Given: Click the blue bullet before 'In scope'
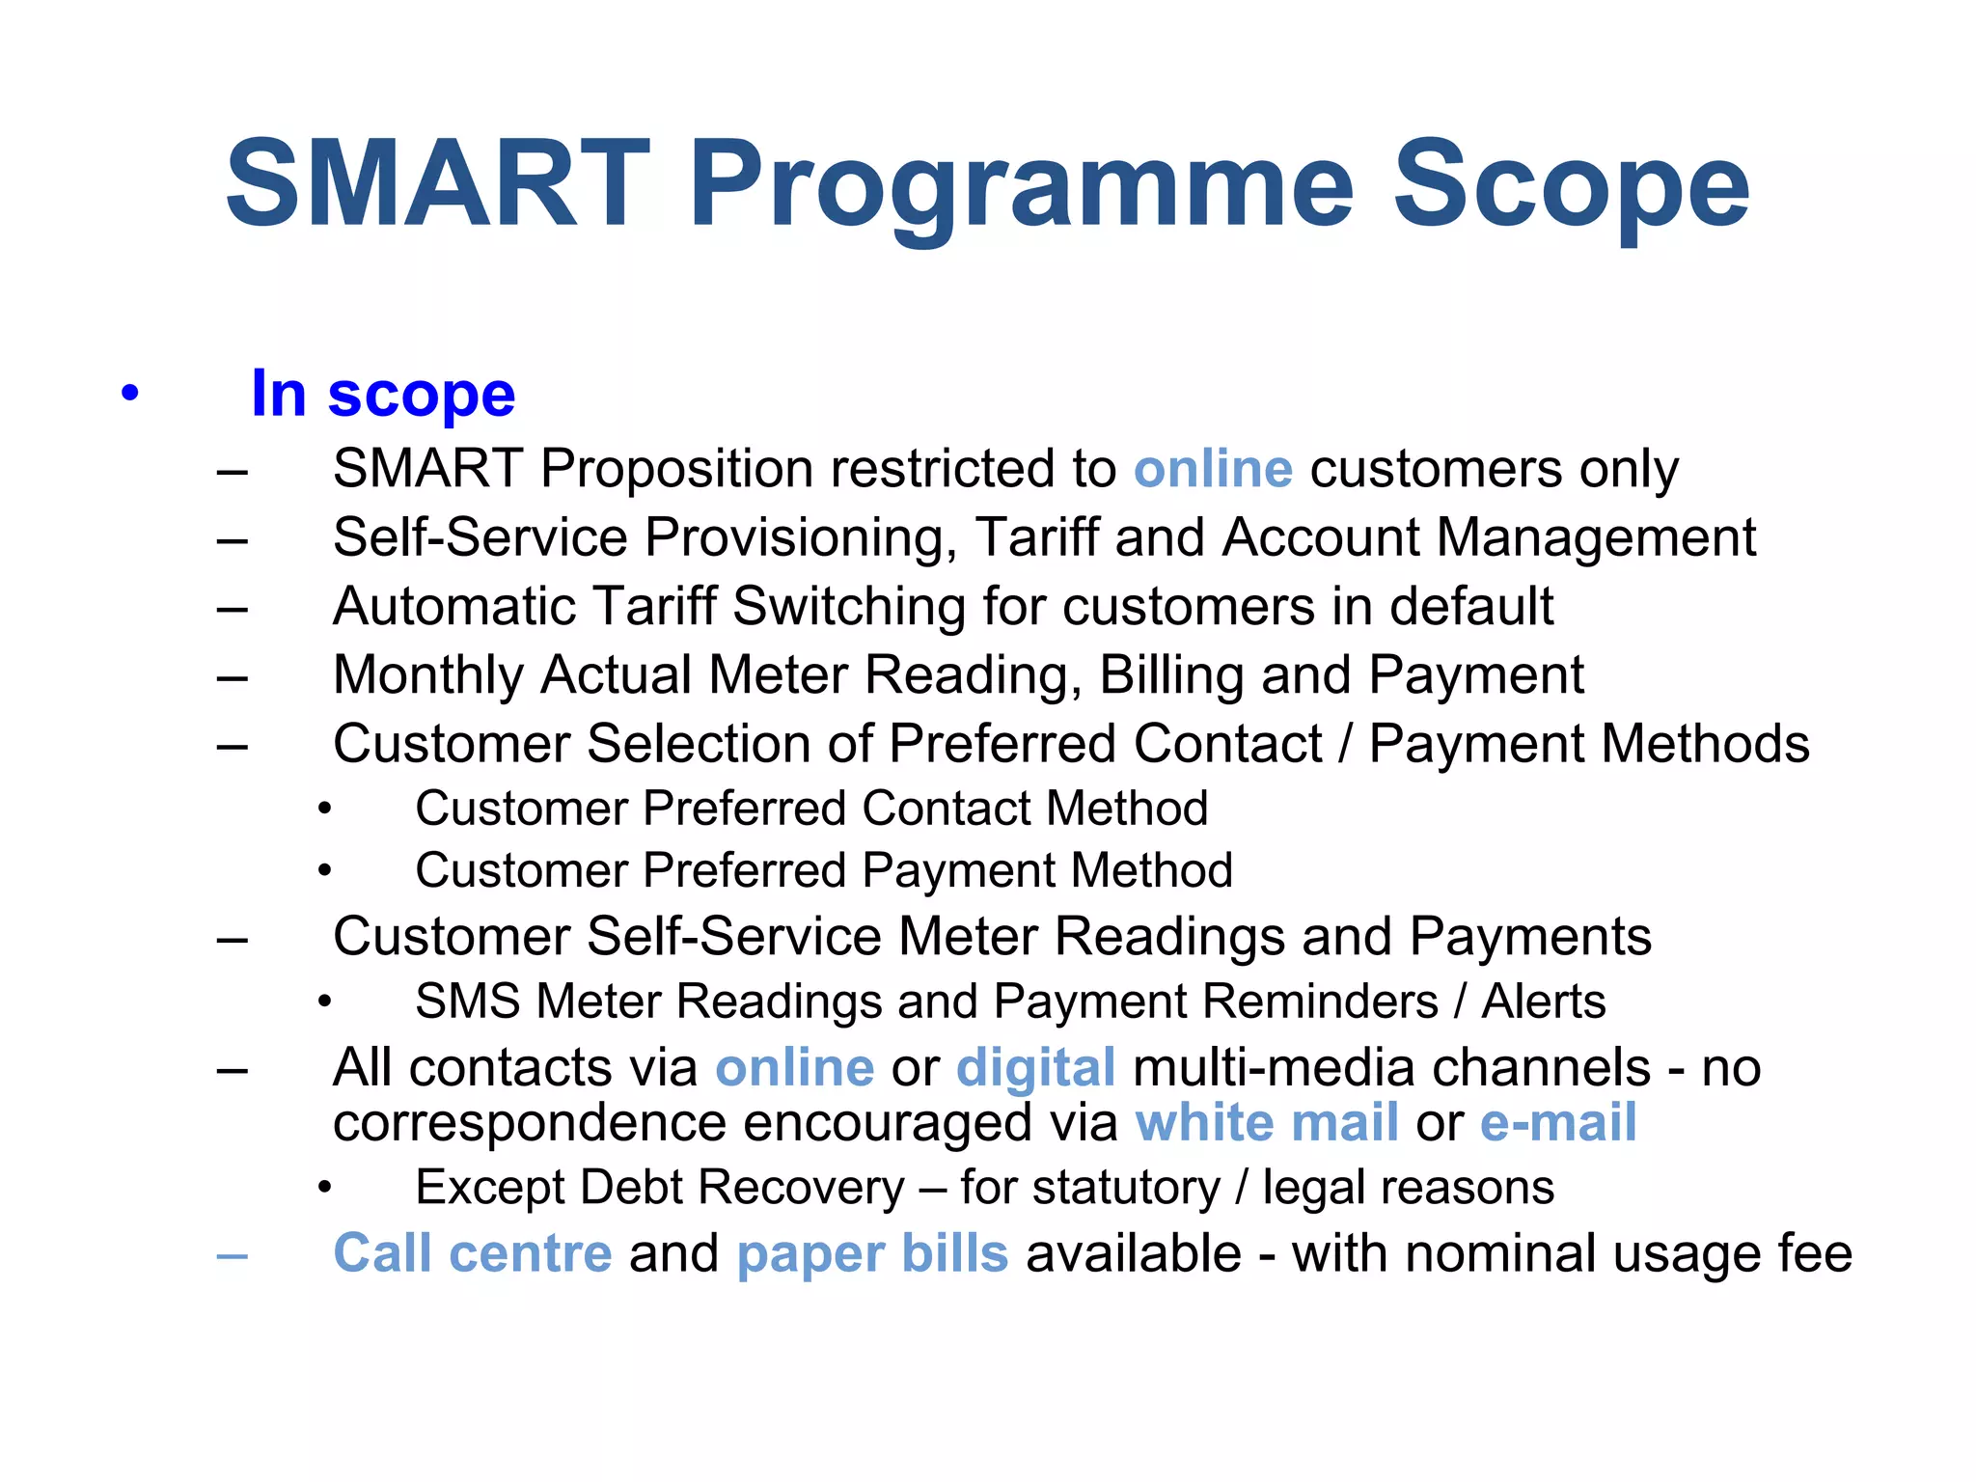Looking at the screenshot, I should (129, 394).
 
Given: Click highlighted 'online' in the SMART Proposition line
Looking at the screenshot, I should (1213, 469).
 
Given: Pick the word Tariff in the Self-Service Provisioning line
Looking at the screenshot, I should (1037, 537).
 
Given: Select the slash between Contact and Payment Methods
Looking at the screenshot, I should (1346, 744).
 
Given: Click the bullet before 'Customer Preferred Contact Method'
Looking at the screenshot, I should (325, 810).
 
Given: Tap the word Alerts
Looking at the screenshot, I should (1544, 1001).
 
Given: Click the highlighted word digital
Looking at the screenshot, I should (1035, 1068).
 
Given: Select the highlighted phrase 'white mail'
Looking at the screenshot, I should (1266, 1123).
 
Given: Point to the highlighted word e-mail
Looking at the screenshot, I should (1557, 1123).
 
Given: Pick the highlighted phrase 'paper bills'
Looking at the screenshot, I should (872, 1253).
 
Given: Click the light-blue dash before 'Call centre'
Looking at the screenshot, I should (233, 1256).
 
